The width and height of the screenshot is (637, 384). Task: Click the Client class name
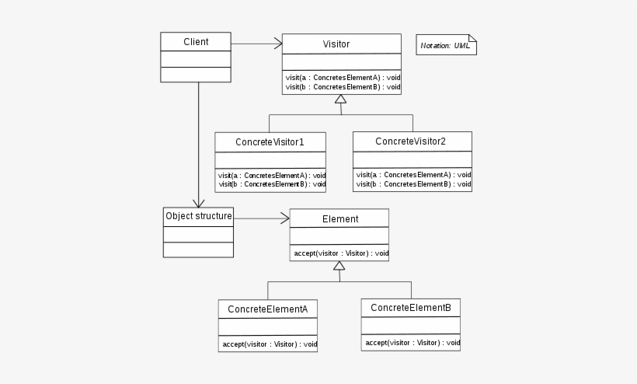196,42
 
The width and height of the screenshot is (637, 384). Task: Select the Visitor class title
336,44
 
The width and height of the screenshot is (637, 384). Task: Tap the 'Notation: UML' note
446,46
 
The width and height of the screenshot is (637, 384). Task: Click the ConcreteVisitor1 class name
270,142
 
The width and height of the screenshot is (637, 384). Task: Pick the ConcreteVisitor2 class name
411,141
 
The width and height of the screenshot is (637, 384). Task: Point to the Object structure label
198,215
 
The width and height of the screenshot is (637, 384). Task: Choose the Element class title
339,219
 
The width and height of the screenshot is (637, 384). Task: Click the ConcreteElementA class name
268,309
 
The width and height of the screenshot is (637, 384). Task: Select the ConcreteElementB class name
411,308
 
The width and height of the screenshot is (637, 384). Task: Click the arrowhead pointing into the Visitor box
277,44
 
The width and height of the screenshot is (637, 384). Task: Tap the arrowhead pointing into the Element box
284,218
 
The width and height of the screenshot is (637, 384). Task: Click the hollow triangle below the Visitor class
340,100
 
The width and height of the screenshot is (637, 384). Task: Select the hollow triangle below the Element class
339,266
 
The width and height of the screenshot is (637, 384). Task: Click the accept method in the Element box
340,253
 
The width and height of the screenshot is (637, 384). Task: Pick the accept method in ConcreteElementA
267,344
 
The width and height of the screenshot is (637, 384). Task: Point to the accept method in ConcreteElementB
411,342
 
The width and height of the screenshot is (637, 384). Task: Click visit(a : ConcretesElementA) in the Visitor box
342,78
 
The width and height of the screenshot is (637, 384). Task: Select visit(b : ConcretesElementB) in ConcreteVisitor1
270,184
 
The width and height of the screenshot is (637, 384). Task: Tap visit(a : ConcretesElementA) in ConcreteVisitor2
412,175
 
